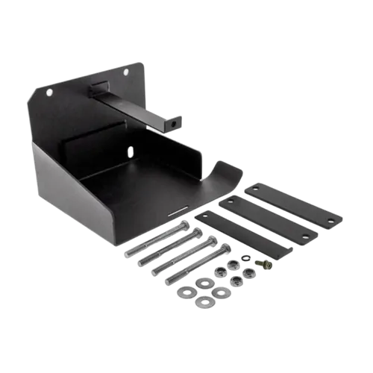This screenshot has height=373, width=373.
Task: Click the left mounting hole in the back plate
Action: [49, 93]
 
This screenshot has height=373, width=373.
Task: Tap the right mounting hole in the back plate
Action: [125, 72]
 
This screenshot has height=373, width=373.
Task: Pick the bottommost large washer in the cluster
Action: [204, 302]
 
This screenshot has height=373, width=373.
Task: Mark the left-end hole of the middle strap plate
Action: [231, 201]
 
